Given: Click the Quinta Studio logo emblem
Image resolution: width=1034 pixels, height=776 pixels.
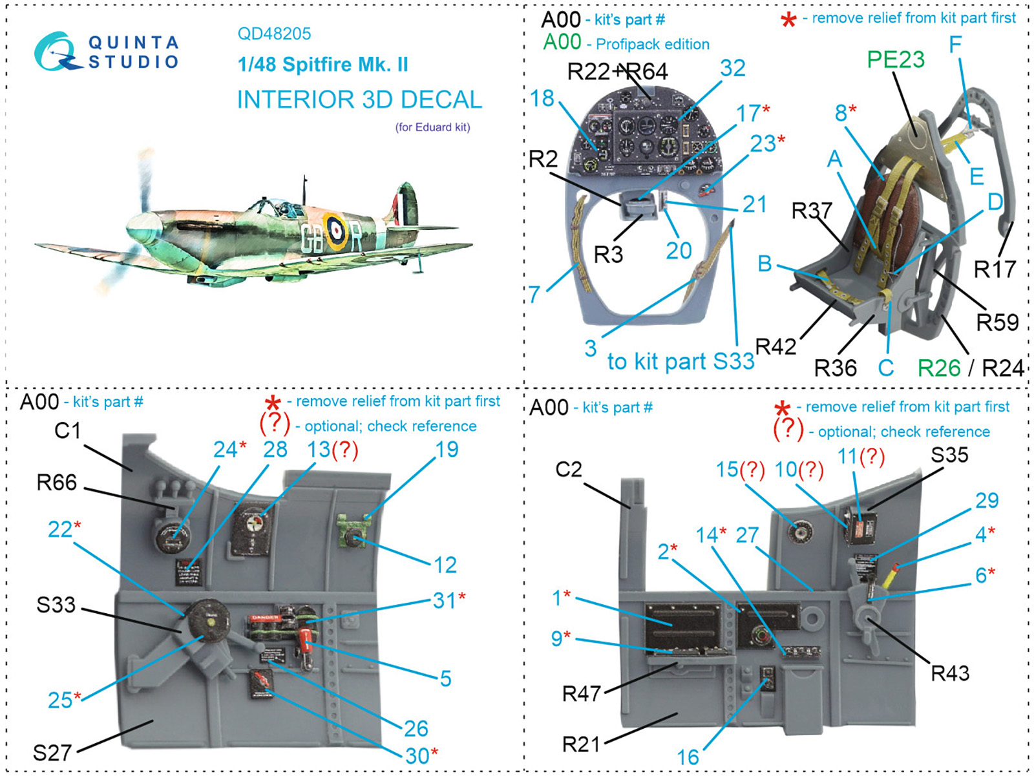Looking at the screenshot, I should (57, 52).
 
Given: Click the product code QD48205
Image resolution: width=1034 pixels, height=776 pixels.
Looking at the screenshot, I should (274, 34).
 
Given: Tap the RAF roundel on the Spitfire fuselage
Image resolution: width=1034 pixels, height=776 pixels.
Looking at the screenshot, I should (336, 230).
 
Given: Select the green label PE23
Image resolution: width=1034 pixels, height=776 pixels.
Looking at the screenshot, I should (895, 59).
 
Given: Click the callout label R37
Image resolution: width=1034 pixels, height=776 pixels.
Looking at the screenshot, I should (811, 211).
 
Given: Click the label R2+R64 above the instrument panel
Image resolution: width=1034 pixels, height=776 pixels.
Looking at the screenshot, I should (617, 71).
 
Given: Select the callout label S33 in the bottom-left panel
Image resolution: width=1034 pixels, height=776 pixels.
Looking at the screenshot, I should (56, 605).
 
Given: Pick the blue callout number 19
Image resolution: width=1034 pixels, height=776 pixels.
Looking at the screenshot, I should (447, 449).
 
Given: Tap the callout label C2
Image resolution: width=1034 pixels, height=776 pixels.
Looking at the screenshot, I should (569, 469).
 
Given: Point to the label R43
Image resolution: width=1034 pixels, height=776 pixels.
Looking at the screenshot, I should (949, 673).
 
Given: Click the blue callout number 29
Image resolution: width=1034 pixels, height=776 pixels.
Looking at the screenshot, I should (987, 500).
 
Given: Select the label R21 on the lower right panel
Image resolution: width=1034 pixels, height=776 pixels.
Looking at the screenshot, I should (581, 744).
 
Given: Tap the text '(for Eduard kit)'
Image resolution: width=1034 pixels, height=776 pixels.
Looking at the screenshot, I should (432, 127).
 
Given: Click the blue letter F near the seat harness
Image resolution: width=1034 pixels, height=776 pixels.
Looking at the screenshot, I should (956, 44).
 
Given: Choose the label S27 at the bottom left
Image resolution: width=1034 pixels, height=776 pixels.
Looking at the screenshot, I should (52, 753).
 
